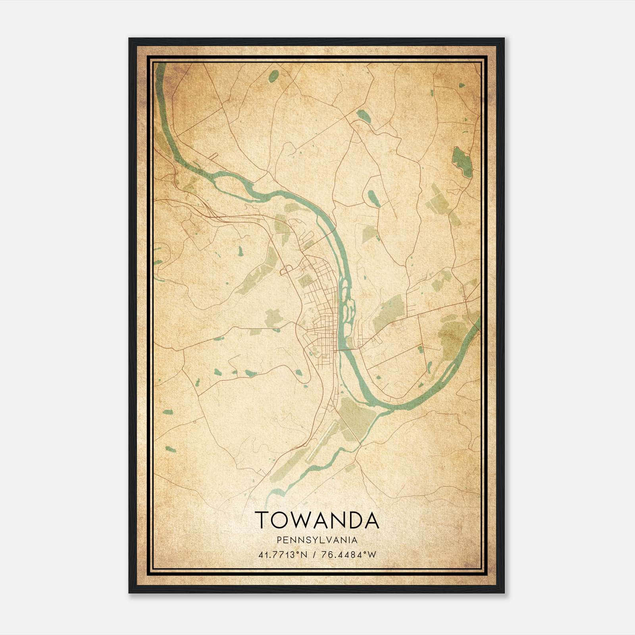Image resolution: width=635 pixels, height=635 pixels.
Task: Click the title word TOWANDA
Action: point(317,520)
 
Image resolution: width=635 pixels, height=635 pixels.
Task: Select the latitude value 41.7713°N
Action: point(283,555)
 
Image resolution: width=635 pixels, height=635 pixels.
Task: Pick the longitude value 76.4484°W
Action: point(349,555)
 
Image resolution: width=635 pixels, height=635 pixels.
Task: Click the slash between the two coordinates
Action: point(314,555)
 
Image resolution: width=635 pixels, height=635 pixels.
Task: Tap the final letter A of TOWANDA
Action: point(371,520)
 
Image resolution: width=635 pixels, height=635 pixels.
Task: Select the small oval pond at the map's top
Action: point(273,76)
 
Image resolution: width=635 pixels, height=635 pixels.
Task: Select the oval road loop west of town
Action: point(285,271)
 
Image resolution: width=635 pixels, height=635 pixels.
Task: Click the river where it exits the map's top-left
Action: point(160,69)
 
